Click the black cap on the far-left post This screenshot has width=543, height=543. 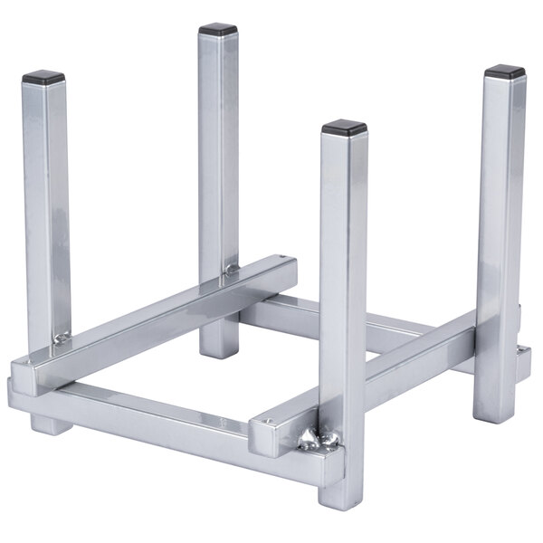coord(43,78)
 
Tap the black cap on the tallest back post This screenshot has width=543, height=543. coord(218,29)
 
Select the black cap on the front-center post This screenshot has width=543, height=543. coord(344,127)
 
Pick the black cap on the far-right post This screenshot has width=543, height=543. coord(504,71)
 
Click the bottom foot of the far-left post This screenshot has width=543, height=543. coord(50,422)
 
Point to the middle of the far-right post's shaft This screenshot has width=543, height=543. coord(499,235)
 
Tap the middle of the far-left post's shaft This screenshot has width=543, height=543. coord(46,208)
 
